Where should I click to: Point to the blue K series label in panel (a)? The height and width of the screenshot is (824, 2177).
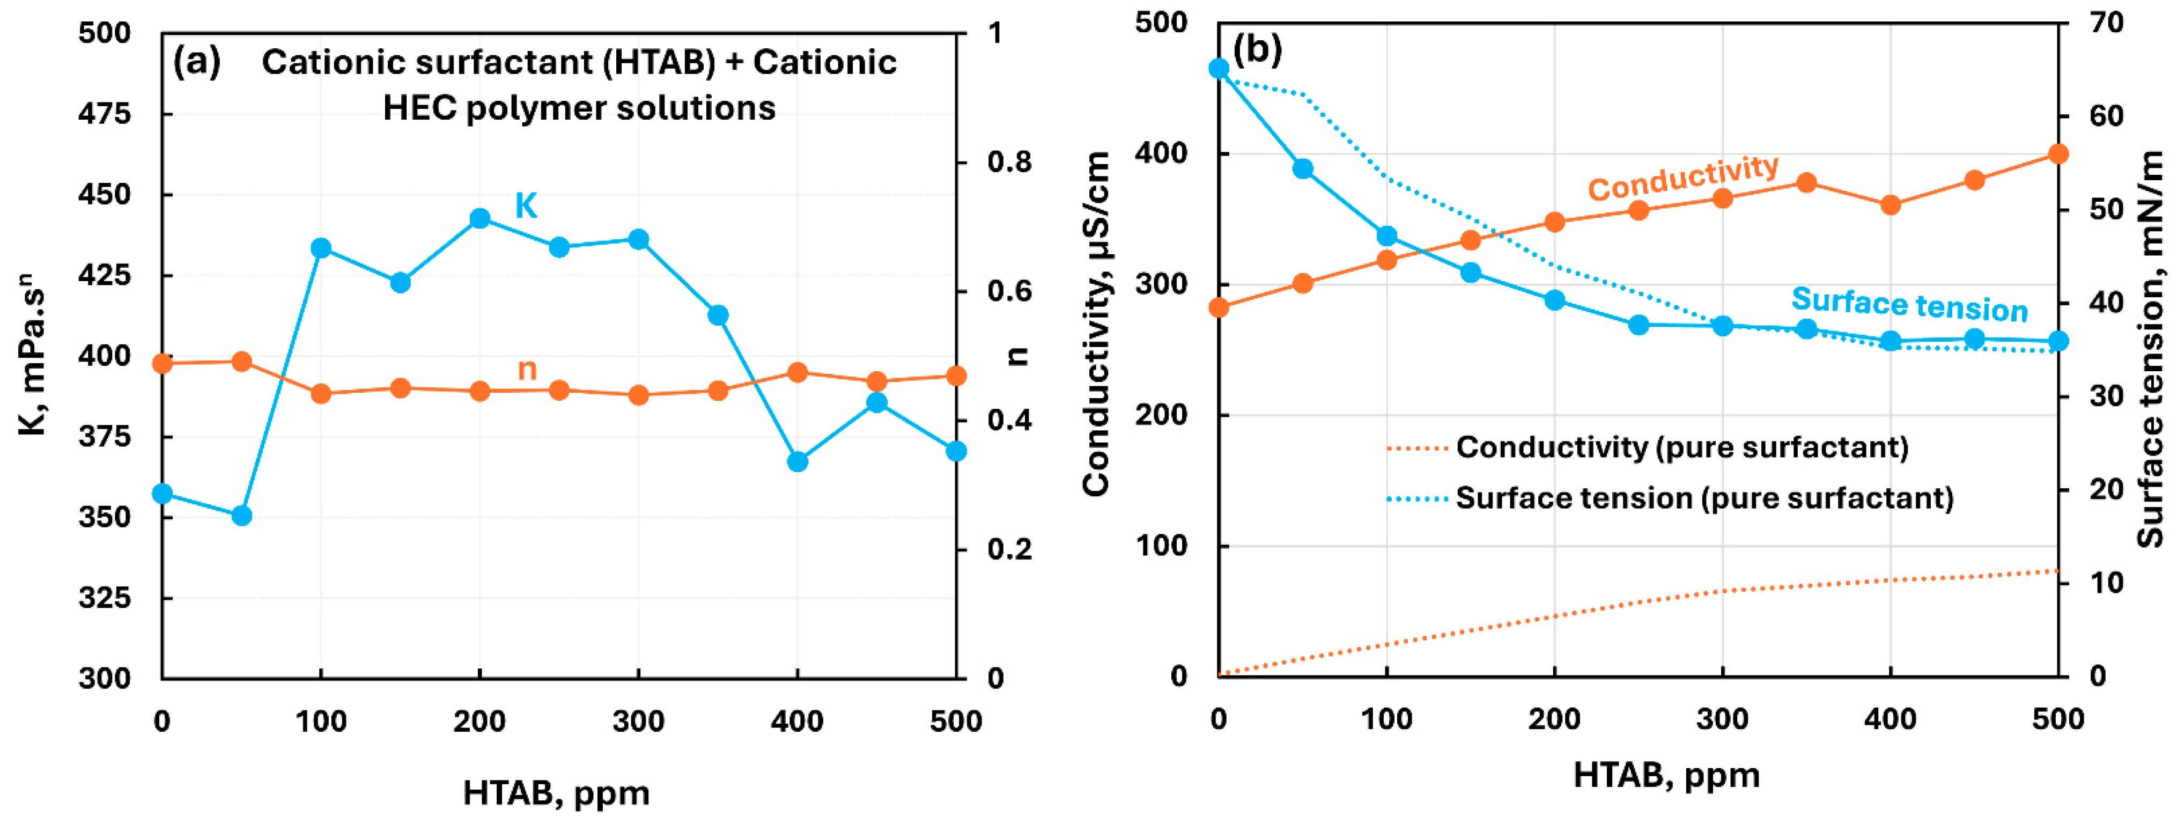(527, 206)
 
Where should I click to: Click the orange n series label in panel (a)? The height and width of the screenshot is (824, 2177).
(527, 369)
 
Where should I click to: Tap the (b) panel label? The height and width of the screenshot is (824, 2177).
(1258, 51)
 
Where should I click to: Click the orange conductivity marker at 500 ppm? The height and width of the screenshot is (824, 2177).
(2058, 154)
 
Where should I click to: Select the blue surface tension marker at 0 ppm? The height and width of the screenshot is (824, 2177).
(1219, 69)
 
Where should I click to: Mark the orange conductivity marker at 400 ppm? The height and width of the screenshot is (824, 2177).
(1891, 205)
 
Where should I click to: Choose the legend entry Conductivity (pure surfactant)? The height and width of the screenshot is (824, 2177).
(1682, 447)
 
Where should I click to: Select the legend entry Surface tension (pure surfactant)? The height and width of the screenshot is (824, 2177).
(1704, 498)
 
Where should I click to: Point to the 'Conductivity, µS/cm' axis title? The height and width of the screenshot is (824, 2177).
(1097, 323)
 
